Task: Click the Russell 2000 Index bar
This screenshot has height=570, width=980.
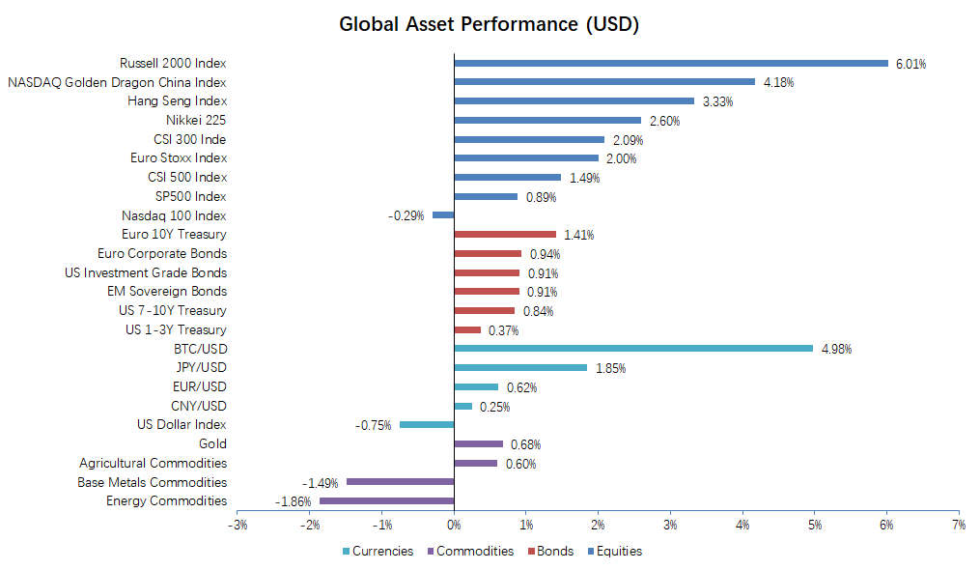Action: [671, 64]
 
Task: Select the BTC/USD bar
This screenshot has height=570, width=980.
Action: [633, 349]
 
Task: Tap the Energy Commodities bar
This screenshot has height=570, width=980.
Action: [386, 500]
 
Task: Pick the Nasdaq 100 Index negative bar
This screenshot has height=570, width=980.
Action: [443, 215]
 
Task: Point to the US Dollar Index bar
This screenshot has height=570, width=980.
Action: [427, 425]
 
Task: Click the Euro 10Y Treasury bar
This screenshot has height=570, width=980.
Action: [505, 234]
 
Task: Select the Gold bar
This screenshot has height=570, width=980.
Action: [478, 444]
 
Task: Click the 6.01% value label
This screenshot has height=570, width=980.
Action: [910, 65]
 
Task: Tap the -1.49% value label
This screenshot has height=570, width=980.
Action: [319, 483]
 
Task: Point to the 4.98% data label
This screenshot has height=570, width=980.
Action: [836, 350]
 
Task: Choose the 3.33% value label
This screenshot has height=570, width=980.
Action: [716, 102]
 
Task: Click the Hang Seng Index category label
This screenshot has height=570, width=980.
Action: [178, 101]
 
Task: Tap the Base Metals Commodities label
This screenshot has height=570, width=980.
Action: [153, 482]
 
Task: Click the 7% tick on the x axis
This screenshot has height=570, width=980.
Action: [958, 525]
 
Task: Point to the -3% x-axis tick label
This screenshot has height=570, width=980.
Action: [237, 525]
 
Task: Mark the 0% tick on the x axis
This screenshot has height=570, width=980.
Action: [454, 525]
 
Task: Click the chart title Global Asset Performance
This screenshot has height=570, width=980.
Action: [489, 24]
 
